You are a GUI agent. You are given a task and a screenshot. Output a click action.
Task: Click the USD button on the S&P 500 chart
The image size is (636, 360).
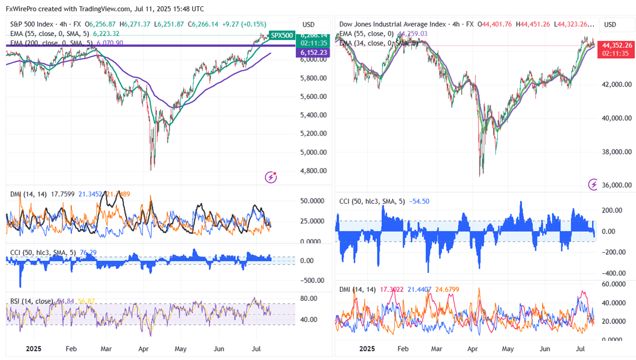(x=308, y=24)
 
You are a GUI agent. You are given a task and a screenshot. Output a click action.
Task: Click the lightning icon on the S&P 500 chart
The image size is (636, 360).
(x=271, y=177)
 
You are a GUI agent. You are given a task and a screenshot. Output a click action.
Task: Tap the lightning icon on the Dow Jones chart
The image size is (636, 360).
(x=593, y=184)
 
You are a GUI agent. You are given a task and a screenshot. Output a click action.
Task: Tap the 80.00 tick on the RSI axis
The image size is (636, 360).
(x=308, y=299)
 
